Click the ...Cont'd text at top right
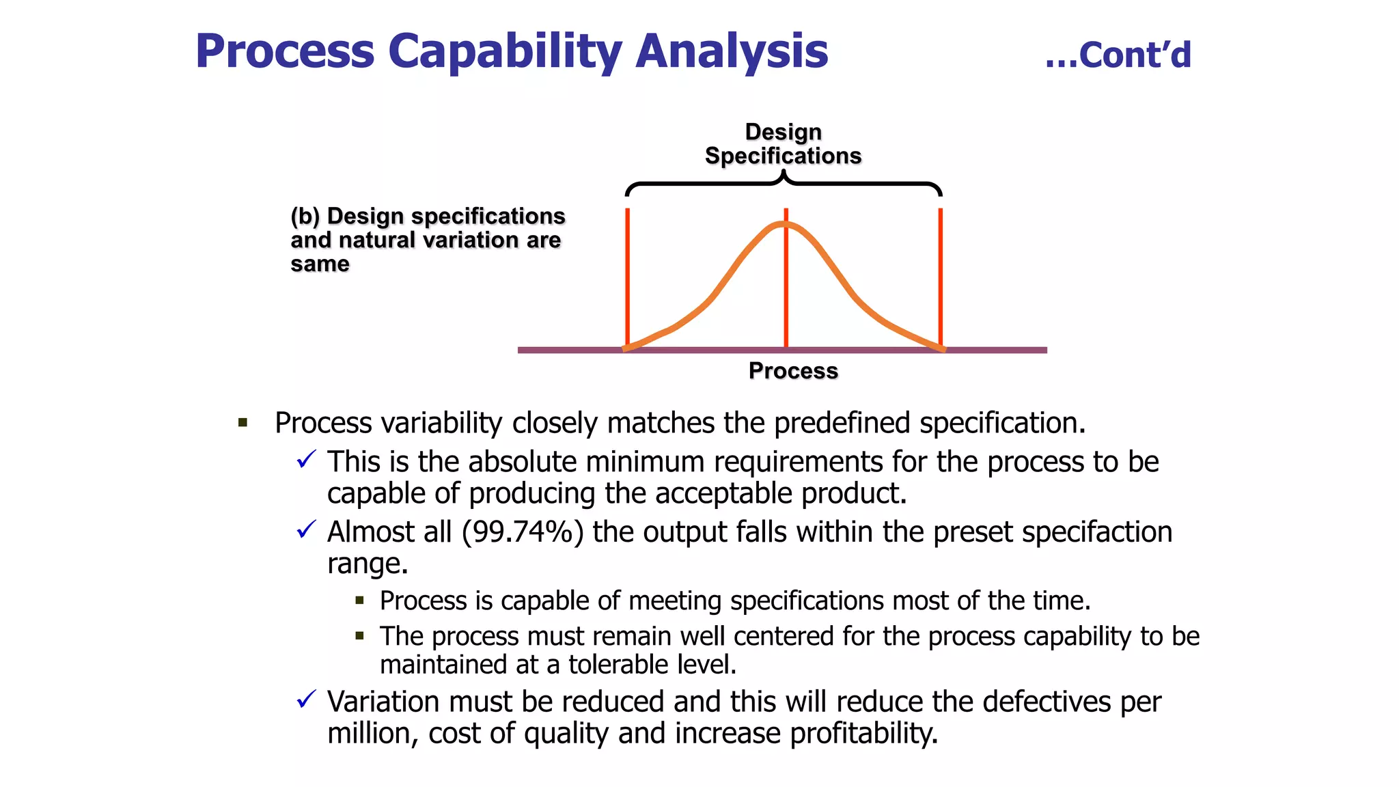(1118, 55)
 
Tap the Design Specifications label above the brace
(783, 144)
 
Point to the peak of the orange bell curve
(786, 223)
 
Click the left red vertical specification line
(627, 273)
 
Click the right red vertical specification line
(941, 273)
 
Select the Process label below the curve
(793, 370)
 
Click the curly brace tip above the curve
(784, 176)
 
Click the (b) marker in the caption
(305, 217)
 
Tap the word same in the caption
(320, 264)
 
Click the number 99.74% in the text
(523, 532)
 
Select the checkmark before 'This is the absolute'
(307, 459)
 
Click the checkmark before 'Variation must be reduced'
(307, 699)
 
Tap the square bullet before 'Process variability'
(243, 423)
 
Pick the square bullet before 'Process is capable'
(360, 601)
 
